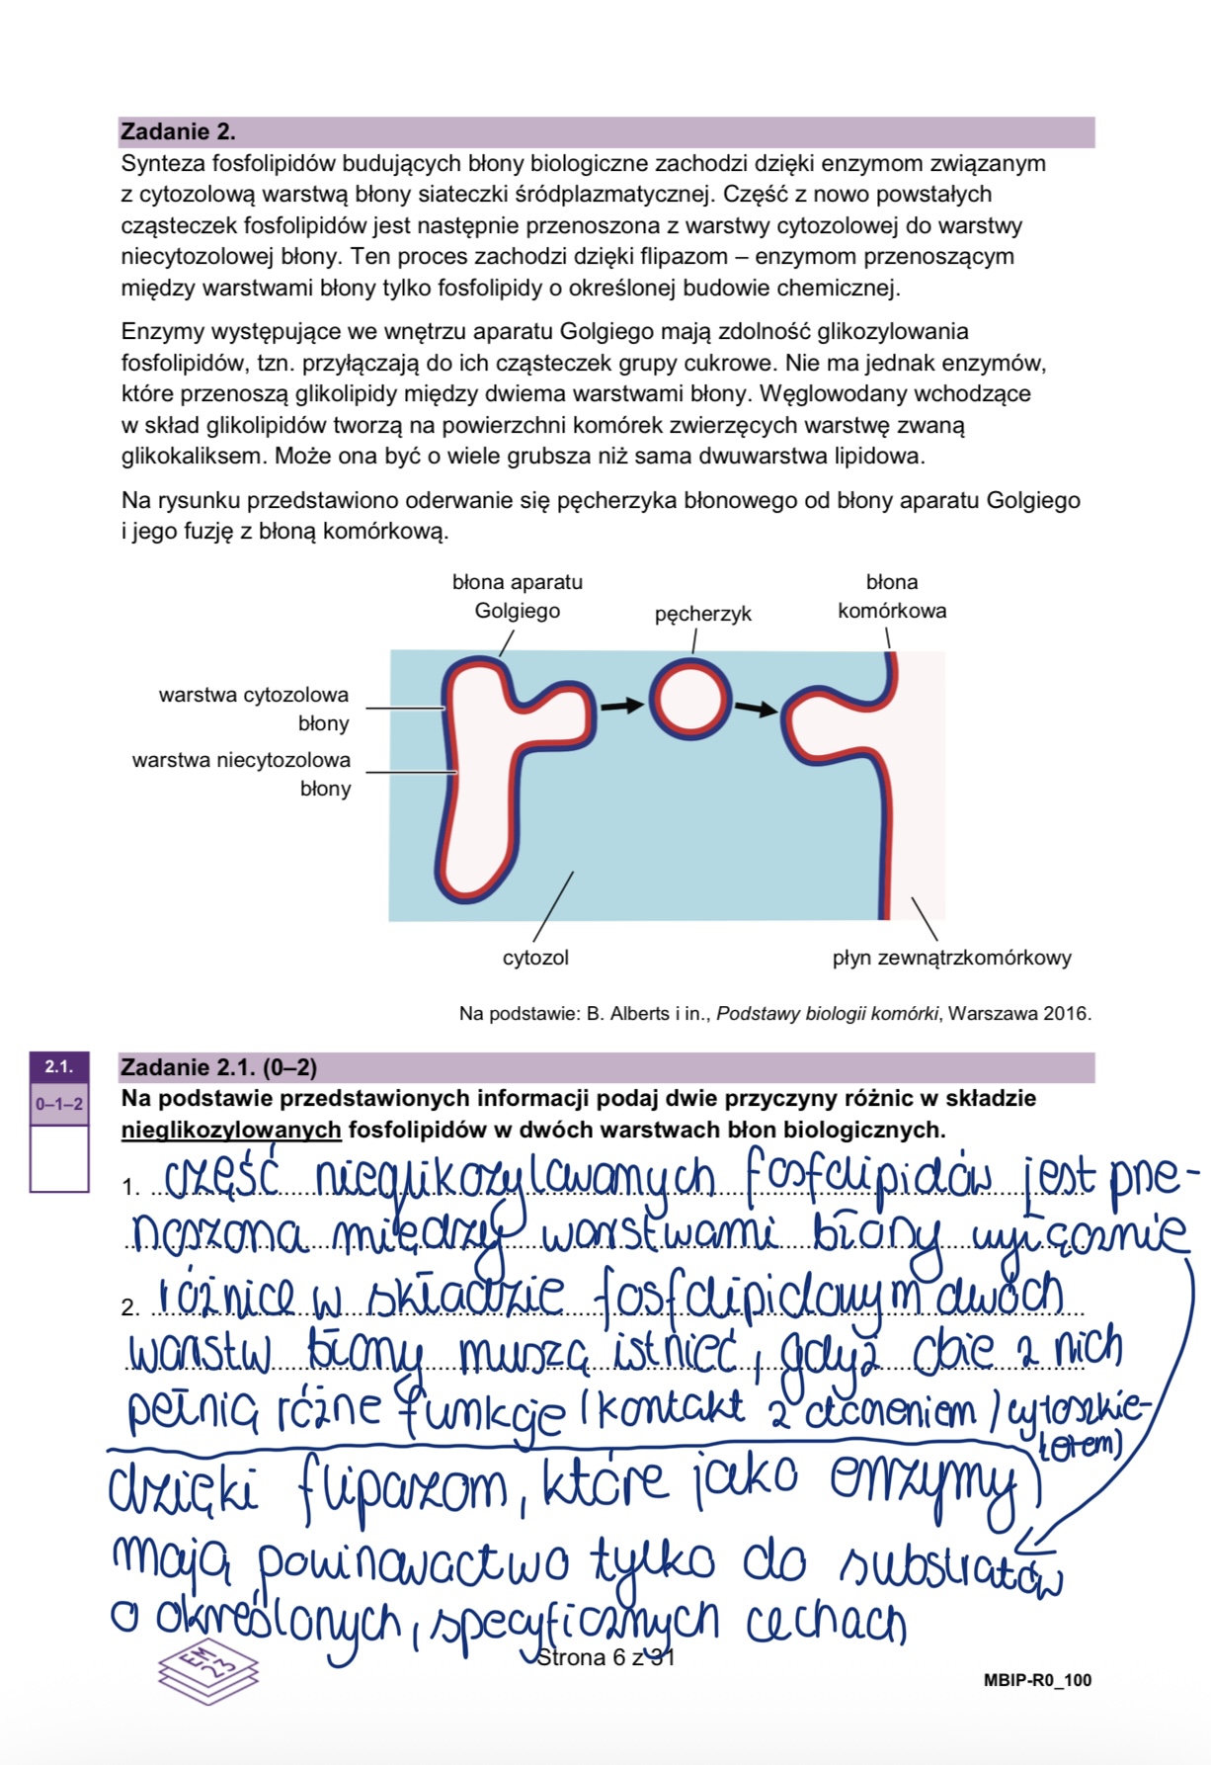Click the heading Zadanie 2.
[x=178, y=131]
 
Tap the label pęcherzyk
[x=702, y=614]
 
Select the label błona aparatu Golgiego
[x=518, y=596]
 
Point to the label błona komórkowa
[x=892, y=596]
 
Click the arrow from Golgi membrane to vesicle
[x=622, y=705]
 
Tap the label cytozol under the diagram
[x=535, y=957]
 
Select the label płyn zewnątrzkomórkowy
[x=951, y=957]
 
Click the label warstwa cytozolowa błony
[x=254, y=709]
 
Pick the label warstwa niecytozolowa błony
[x=242, y=774]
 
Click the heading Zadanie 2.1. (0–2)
[x=218, y=1067]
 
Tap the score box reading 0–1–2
[x=59, y=1104]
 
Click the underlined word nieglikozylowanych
[x=231, y=1130]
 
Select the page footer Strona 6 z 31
[x=605, y=1657]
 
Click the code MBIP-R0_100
[x=1037, y=1680]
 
